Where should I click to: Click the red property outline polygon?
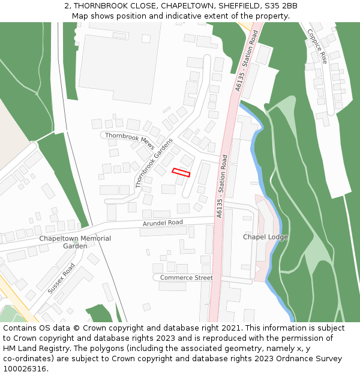[x=181, y=173]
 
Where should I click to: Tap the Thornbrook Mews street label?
[x=130, y=141]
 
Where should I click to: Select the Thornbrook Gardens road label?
[x=154, y=163]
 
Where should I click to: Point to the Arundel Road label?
[x=163, y=223]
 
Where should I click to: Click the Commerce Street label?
[x=186, y=278]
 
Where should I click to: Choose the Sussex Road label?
[x=61, y=278]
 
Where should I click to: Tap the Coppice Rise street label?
[x=317, y=46]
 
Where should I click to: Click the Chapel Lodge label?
[x=265, y=237]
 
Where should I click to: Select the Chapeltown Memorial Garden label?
[x=75, y=242]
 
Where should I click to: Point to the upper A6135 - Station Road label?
[x=247, y=61]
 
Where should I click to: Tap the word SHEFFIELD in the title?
[x=230, y=6]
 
